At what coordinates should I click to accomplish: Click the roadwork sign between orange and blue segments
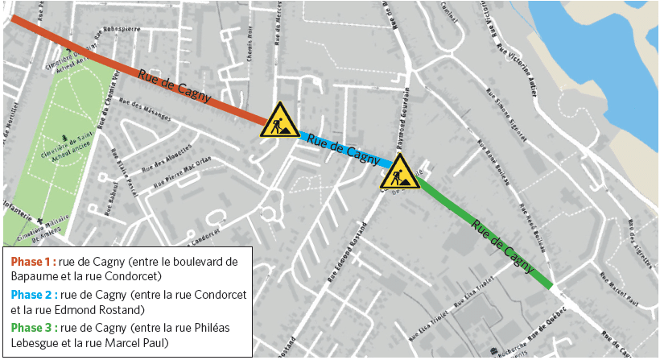pyautogui.click(x=280, y=120)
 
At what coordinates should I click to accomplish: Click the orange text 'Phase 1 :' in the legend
pyautogui.click(x=33, y=261)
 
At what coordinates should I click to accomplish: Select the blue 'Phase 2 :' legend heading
pyautogui.click(x=33, y=294)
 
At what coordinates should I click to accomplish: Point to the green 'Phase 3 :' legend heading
pyautogui.click(x=33, y=327)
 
